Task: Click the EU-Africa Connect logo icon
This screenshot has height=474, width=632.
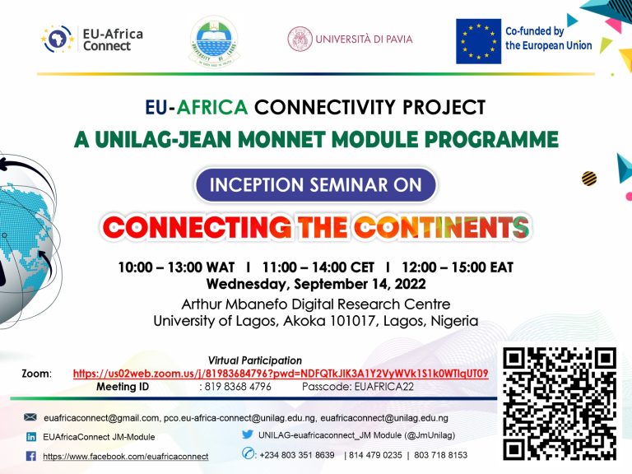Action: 58,39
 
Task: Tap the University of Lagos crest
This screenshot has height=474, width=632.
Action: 214,41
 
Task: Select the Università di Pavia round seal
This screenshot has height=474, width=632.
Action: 300,39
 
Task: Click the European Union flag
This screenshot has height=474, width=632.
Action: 478,41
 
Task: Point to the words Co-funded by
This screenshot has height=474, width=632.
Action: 534,31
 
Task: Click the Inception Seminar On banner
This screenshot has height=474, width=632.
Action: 316,184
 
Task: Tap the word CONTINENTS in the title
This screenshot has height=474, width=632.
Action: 441,227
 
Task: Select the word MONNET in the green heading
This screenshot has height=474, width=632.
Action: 285,139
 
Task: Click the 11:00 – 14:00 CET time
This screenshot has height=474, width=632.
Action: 318,267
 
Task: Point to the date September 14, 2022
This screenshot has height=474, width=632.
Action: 360,284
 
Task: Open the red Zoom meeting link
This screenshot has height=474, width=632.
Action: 281,374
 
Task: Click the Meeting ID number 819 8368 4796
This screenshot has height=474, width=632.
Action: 238,387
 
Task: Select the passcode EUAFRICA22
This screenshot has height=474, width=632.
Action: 384,387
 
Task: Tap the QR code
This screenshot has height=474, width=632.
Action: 560,403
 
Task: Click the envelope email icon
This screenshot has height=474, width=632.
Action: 30,417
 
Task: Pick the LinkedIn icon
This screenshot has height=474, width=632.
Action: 31,437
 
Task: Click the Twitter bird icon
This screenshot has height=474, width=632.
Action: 248,434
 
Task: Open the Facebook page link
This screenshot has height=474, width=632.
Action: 126,457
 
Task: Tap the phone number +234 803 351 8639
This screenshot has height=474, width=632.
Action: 297,455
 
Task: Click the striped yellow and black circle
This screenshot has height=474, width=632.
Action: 589,178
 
